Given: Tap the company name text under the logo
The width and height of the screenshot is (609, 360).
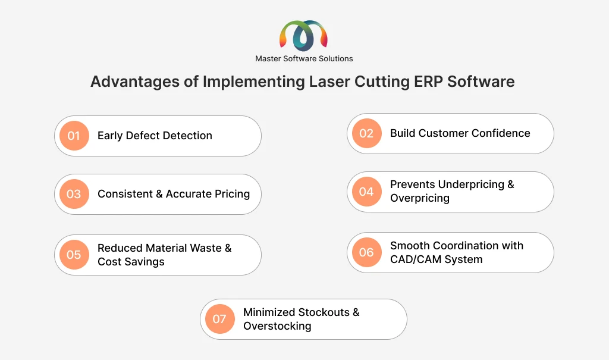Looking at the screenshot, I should point(304,59).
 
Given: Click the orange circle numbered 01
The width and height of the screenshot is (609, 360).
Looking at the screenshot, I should point(74,136).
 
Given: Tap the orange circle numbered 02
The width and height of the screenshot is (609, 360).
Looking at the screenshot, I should point(366,133).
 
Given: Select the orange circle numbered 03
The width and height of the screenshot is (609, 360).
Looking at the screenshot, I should point(74,194).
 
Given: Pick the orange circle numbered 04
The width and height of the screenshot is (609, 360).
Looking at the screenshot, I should point(366,192).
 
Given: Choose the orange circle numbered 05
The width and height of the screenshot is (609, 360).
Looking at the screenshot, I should point(74,255).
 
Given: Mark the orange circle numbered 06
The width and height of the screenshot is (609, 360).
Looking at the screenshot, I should point(366,252).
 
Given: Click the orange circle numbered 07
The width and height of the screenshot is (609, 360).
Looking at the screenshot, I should point(219,319).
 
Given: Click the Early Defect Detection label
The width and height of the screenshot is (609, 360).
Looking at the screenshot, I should point(155,136).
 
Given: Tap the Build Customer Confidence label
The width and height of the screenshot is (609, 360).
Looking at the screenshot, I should point(460,133).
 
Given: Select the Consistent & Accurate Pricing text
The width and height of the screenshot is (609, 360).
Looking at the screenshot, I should point(174,194).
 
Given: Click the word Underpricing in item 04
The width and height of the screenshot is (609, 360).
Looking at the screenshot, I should point(470,184).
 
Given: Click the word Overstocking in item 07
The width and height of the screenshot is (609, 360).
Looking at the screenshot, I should point(277,326).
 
